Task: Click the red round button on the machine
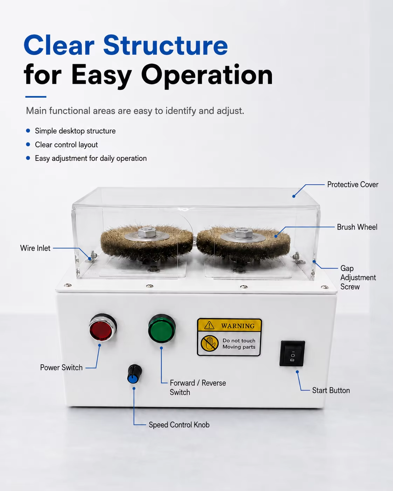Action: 103,328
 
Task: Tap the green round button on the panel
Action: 162,329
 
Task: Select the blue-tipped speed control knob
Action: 135,374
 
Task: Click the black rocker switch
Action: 292,353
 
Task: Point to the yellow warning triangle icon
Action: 209,325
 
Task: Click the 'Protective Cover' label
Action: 353,185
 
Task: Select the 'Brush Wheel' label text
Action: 357,227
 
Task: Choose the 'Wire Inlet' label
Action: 35,248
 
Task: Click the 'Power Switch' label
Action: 61,368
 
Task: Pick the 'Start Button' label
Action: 331,390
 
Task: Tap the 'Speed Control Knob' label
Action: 179,425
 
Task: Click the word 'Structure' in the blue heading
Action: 166,45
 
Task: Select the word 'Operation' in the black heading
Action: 207,76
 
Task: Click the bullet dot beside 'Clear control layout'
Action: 28,144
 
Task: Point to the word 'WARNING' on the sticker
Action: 238,326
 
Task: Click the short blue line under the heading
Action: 36,97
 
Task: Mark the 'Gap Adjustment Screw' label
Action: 358,277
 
